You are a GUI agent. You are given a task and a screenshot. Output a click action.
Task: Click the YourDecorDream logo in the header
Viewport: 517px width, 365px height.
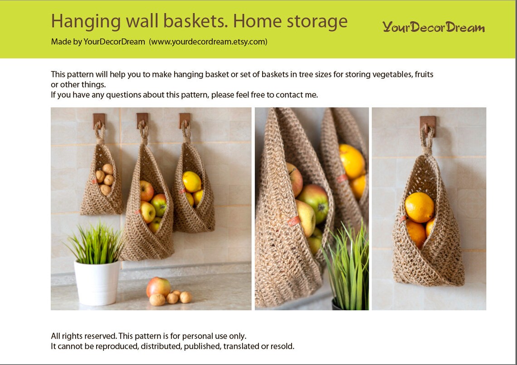click(433, 27)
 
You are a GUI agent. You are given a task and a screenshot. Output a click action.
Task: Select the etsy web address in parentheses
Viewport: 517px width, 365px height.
click(208, 42)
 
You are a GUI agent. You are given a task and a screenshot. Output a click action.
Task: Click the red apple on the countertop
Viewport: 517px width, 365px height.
click(158, 287)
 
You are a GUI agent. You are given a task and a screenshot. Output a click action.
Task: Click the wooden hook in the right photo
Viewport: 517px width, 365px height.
click(428, 124)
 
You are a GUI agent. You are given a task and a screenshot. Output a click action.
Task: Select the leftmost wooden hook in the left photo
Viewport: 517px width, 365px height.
click(99, 120)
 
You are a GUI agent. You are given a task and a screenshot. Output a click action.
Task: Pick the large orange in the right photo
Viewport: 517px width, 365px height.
click(419, 207)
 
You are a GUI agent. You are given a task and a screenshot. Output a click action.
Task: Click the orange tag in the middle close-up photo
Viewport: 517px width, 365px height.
click(294, 221)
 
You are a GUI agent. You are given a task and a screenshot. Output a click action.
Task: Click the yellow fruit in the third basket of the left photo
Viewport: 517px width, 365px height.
click(191, 182)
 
